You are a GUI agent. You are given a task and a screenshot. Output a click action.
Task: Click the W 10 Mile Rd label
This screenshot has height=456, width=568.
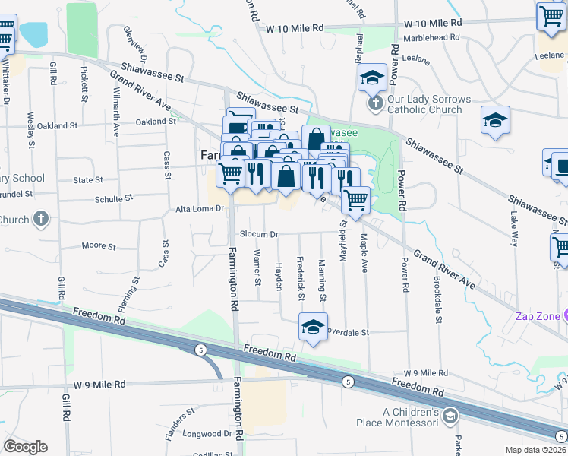tap(295, 27)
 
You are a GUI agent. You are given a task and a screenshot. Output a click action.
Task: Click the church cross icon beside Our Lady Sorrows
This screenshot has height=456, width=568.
tap(374, 103)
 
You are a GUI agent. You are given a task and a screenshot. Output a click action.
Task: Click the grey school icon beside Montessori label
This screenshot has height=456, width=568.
tap(450, 416)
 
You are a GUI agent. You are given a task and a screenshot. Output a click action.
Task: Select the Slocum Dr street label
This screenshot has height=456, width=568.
tap(260, 234)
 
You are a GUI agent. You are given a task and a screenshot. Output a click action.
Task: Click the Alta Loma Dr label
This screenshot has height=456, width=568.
tap(200, 208)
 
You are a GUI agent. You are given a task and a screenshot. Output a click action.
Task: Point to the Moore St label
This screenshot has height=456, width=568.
tap(99, 246)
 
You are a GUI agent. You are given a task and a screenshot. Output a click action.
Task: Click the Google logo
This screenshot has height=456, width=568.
tap(26, 447)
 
